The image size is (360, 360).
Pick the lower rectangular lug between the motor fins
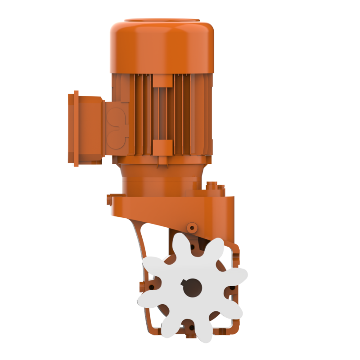pos(162,145)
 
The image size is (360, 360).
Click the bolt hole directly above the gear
pos(193,247)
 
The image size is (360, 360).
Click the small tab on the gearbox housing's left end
pos(109,198)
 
